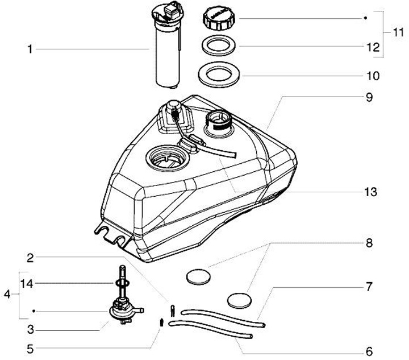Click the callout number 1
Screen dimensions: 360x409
29,49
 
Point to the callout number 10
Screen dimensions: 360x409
373,75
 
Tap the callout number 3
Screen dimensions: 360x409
29,329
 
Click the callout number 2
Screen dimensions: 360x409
30,257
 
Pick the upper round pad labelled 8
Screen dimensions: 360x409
198,277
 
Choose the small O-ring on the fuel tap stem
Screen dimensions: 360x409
120,283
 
